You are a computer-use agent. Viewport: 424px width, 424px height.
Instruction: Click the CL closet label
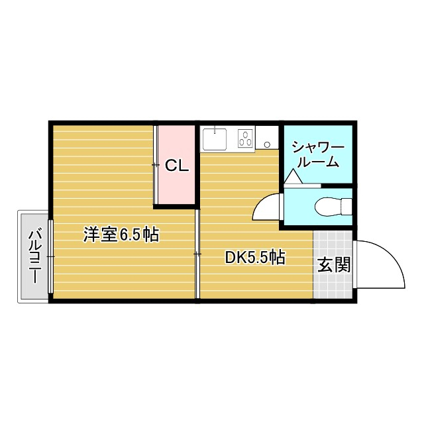177,166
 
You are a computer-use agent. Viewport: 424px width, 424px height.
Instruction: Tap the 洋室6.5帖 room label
121,235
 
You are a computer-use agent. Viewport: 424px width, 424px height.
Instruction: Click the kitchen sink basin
214,140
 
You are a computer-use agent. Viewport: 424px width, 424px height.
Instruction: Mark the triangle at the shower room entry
293,178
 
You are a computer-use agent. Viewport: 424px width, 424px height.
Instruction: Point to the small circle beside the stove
267,143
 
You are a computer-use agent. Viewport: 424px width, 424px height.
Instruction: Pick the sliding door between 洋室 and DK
197,254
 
